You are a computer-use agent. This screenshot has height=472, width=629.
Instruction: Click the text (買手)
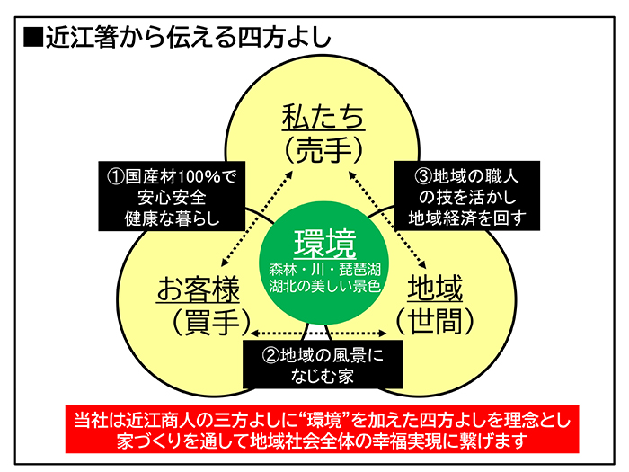(199, 319)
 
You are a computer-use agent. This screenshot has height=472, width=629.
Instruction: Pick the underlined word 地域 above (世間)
(435, 289)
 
